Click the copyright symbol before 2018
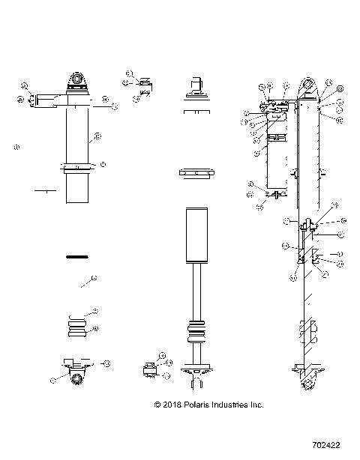pyautogui.click(x=157, y=405)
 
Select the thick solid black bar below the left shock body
pyautogui.click(x=78, y=256)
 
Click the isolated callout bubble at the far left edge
pyautogui.click(x=16, y=147)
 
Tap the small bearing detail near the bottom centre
pyautogui.click(x=149, y=368)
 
